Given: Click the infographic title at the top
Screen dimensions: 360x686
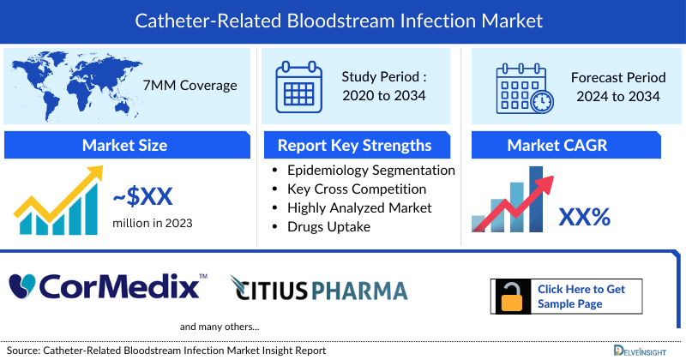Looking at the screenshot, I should pyautogui.click(x=343, y=19).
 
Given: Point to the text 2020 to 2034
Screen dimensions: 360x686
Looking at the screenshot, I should pyautogui.click(x=383, y=96).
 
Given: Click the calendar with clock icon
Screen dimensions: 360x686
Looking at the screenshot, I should pyautogui.click(x=524, y=88).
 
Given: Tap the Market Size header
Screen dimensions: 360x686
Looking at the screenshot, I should pyautogui.click(x=124, y=145).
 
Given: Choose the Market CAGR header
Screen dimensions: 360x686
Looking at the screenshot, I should pyautogui.click(x=569, y=145).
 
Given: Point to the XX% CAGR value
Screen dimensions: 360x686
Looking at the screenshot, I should pyautogui.click(x=584, y=217).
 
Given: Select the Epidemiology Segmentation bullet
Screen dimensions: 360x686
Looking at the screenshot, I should pyautogui.click(x=370, y=171).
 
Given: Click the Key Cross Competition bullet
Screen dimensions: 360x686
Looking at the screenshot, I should pyautogui.click(x=357, y=189).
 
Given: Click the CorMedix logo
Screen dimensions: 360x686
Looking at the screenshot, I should pyautogui.click(x=107, y=285).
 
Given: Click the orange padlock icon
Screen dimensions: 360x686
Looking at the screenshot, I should pyautogui.click(x=511, y=297).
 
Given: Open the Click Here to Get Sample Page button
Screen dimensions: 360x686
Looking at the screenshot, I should pyautogui.click(x=580, y=297).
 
